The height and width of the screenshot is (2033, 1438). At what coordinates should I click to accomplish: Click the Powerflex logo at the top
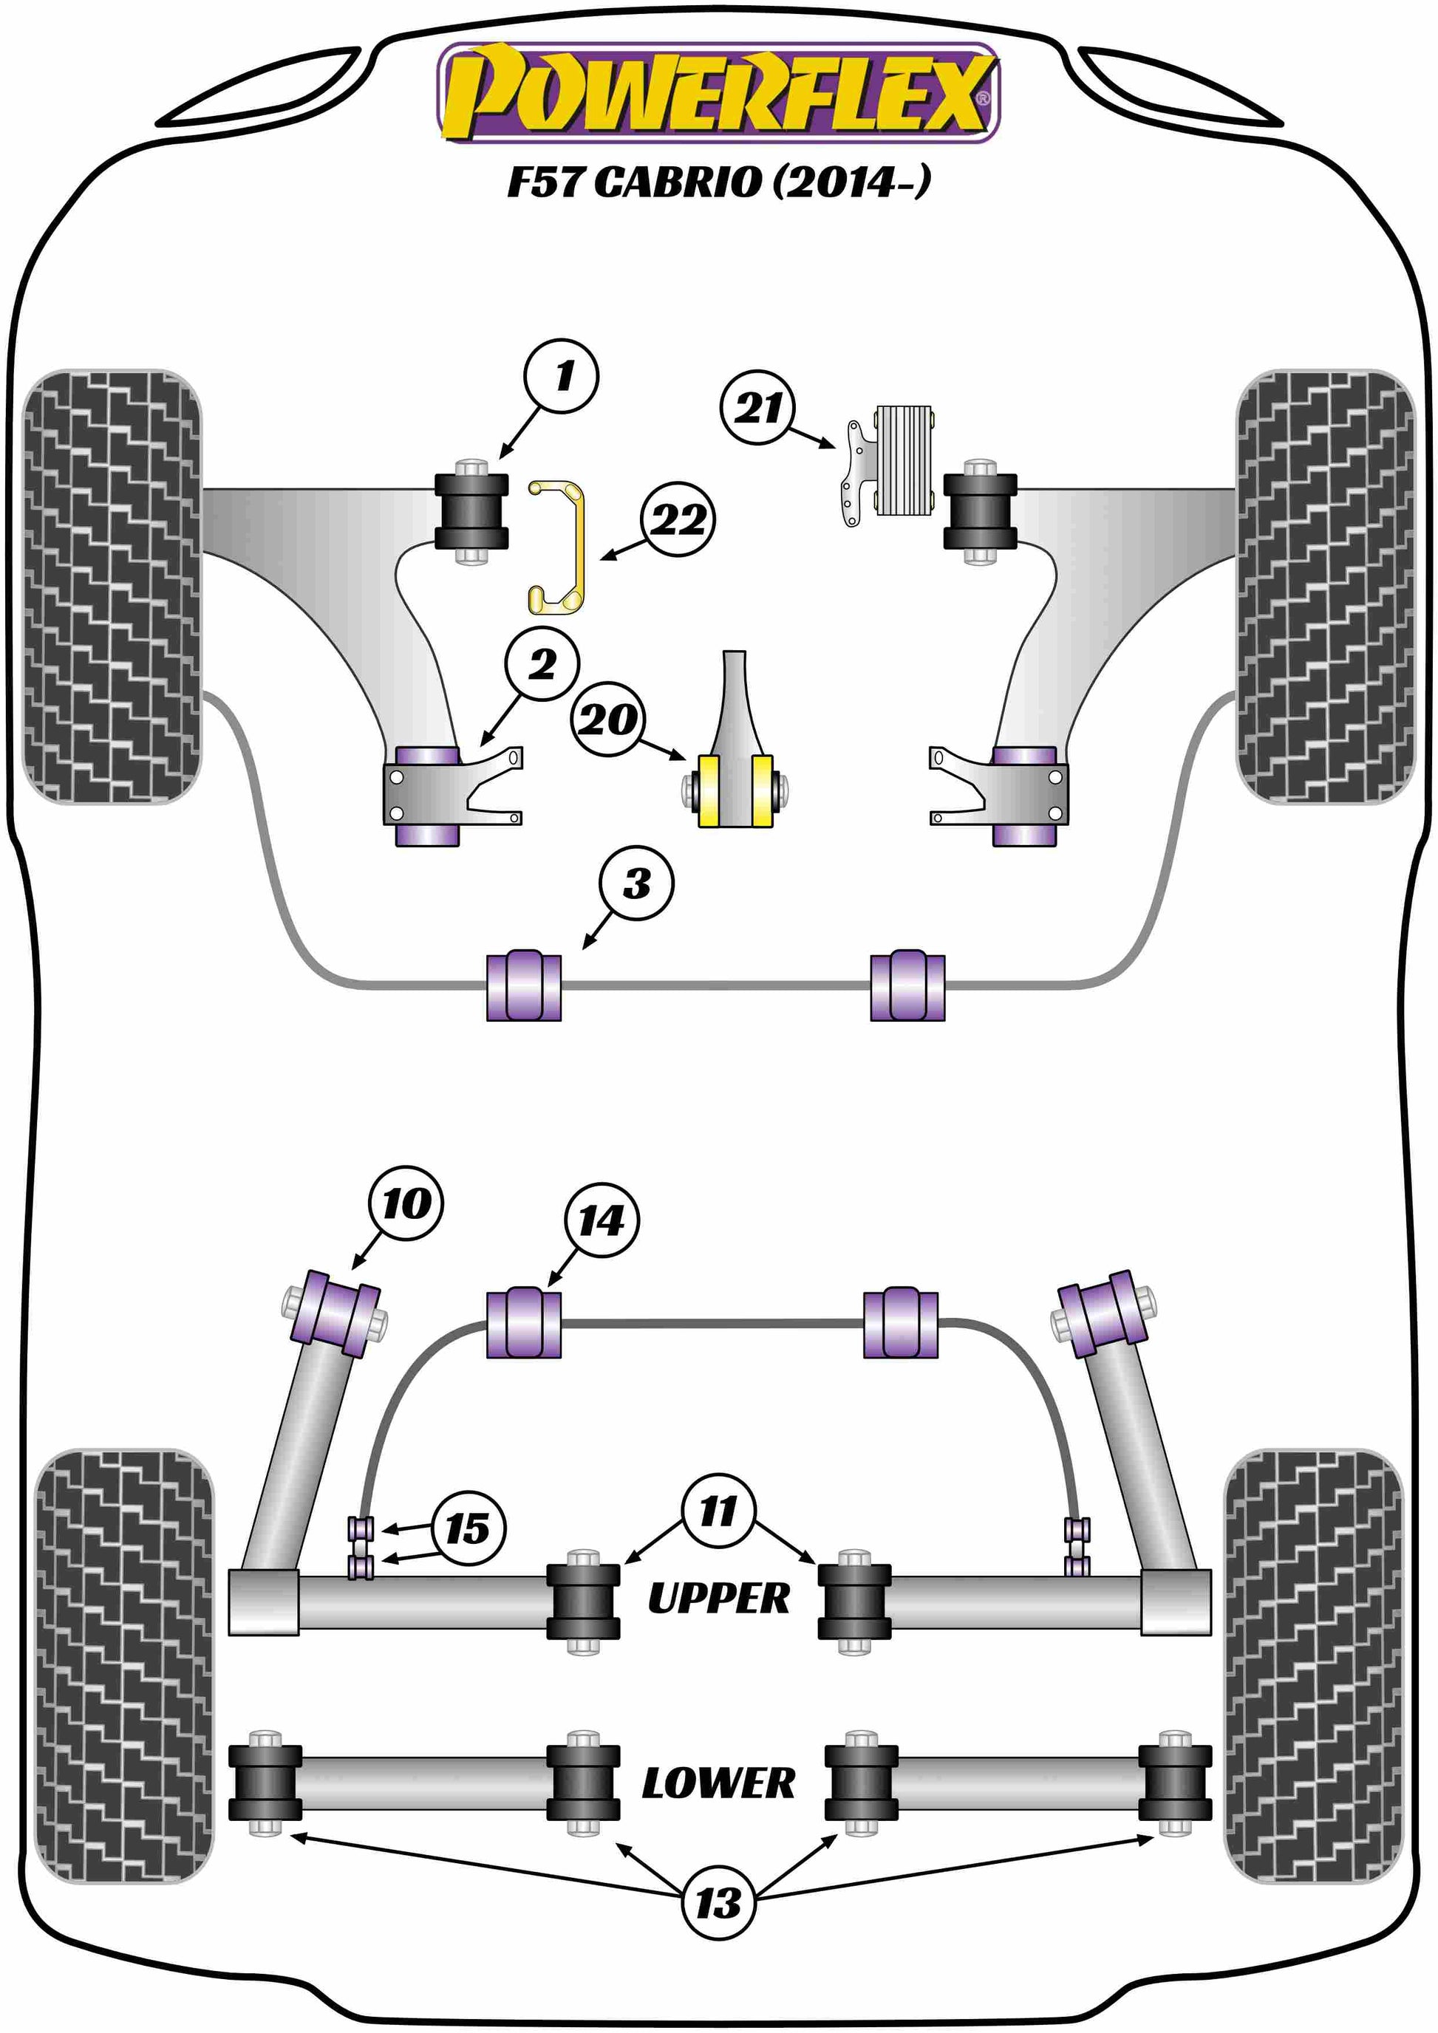pos(718,94)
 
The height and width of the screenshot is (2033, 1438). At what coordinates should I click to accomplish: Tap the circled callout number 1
pos(561,375)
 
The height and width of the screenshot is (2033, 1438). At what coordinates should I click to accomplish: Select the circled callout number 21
pos(758,406)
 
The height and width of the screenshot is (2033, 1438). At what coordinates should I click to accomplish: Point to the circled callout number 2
pos(542,663)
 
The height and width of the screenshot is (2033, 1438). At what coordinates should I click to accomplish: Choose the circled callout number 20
pos(608,718)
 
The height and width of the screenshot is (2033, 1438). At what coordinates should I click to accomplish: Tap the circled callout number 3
pos(635,883)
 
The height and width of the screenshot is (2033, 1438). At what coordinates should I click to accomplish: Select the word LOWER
pos(718,1783)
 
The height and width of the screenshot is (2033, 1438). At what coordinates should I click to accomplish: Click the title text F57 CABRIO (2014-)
pos(718,182)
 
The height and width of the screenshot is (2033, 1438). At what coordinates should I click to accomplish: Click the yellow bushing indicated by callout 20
pos(736,790)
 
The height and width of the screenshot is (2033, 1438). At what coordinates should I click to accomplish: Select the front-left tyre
pos(112,586)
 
